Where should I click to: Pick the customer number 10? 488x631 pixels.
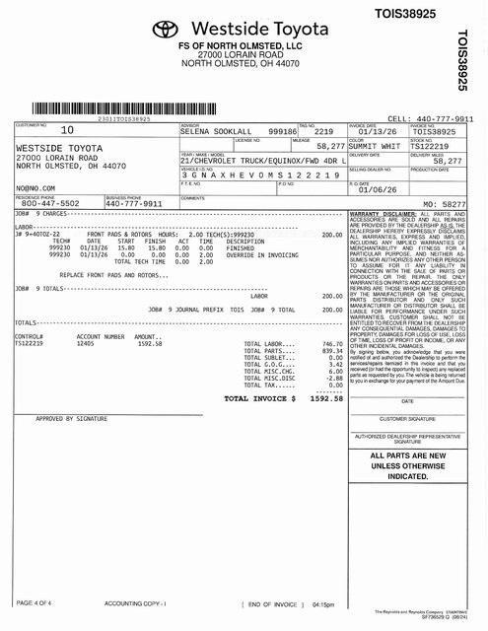(x=66, y=130)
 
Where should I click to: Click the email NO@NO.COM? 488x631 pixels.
(x=35, y=185)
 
